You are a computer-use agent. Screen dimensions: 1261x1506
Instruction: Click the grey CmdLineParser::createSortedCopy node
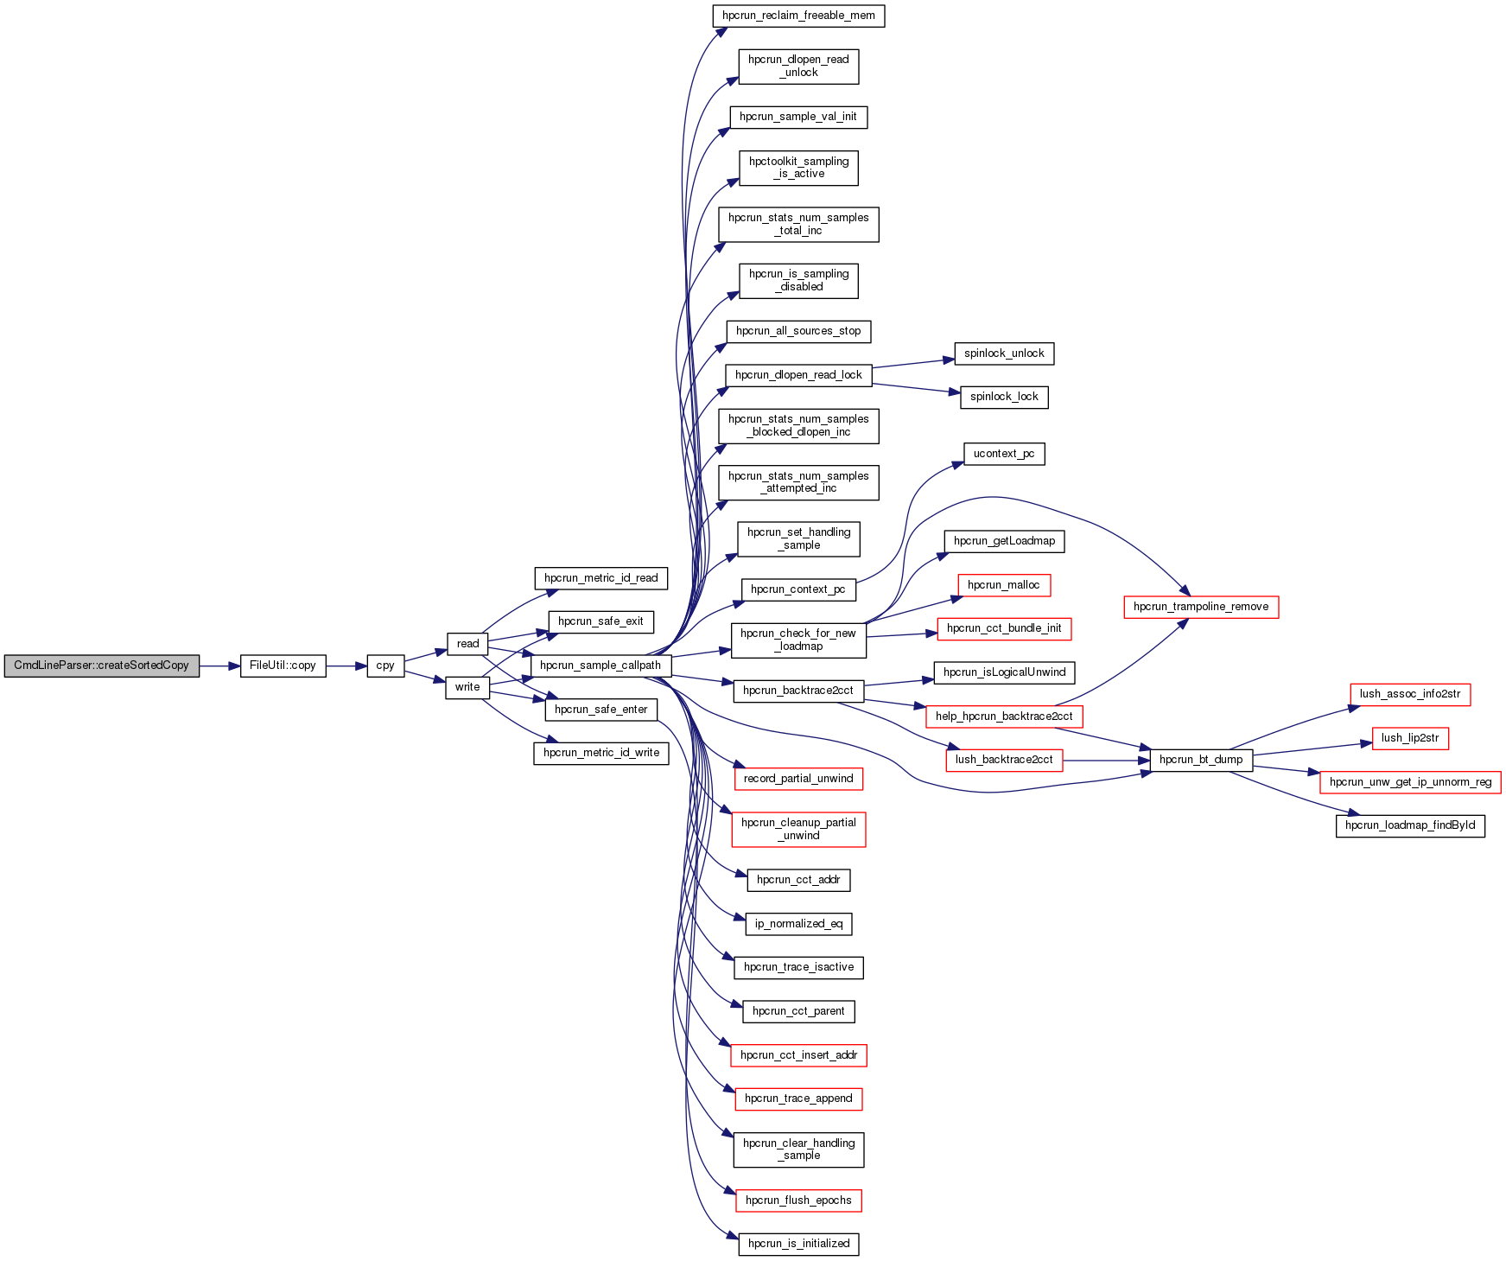pyautogui.click(x=101, y=666)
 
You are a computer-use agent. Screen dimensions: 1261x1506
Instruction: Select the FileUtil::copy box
pyautogui.click(x=283, y=666)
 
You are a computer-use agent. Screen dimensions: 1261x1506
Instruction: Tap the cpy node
pyautogui.click(x=385, y=666)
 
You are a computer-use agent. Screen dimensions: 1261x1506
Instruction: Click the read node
pyautogui.click(x=467, y=644)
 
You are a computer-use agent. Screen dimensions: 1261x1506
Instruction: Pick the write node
pyautogui.click(x=467, y=687)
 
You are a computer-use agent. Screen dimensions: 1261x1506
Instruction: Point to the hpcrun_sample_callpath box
pyautogui.click(x=600, y=666)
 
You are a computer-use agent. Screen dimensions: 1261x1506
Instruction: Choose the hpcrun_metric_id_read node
pyautogui.click(x=600, y=578)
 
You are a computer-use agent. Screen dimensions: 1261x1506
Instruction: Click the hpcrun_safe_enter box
pyautogui.click(x=600, y=710)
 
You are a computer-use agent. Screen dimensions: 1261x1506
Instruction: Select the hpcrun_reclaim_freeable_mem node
pyautogui.click(x=798, y=16)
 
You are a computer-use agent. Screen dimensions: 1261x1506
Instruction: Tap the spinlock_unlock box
pyautogui.click(x=1004, y=353)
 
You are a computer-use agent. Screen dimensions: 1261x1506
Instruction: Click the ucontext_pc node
pyautogui.click(x=1004, y=454)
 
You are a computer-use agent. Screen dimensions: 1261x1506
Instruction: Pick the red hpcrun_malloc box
pyautogui.click(x=1004, y=585)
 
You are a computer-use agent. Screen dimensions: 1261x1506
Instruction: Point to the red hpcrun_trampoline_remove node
pyautogui.click(x=1201, y=607)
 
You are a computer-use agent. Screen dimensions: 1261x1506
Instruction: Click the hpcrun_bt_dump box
pyautogui.click(x=1201, y=760)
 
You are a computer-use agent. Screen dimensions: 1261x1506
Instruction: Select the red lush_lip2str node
pyautogui.click(x=1410, y=738)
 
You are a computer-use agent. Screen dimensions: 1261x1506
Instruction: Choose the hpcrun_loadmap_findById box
pyautogui.click(x=1410, y=825)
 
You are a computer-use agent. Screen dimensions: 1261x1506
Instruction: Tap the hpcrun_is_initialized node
pyautogui.click(x=798, y=1244)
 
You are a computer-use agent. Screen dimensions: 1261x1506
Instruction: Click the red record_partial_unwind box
pyautogui.click(x=798, y=779)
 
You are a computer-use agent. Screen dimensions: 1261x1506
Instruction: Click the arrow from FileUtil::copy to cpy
pyautogui.click(x=346, y=666)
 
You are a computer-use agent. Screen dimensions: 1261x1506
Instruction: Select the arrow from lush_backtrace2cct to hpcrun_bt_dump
pyautogui.click(x=1106, y=761)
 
